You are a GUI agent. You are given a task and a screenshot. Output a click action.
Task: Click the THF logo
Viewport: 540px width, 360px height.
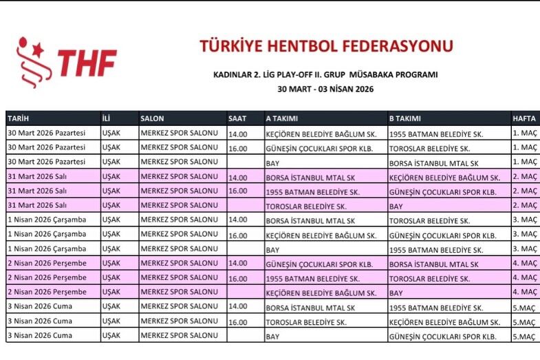coord(66,62)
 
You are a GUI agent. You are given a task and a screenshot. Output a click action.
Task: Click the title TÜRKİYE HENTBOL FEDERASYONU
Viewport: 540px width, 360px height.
coord(326,46)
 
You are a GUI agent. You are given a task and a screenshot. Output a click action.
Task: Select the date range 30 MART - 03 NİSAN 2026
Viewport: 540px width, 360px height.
coord(325,89)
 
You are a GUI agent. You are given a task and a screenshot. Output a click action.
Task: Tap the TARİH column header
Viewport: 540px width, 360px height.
coord(19,118)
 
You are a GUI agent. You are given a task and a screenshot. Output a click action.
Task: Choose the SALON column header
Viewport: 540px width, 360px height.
coord(153,118)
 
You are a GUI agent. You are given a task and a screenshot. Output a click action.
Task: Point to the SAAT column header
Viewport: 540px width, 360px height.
coord(238,118)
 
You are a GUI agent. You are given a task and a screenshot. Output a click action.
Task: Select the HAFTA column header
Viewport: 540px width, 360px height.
coord(524,118)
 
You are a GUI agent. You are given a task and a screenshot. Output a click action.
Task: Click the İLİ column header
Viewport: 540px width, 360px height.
coord(107,118)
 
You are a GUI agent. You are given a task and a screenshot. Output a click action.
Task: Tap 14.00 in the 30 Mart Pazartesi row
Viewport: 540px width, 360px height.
coord(238,134)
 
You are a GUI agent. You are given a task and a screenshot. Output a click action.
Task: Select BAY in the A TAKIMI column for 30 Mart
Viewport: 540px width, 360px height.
coord(273,162)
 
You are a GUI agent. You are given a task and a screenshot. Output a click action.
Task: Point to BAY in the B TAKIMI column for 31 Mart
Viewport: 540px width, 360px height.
coord(396,206)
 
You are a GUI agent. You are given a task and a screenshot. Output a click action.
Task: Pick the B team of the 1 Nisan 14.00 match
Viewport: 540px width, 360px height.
coord(430,220)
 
